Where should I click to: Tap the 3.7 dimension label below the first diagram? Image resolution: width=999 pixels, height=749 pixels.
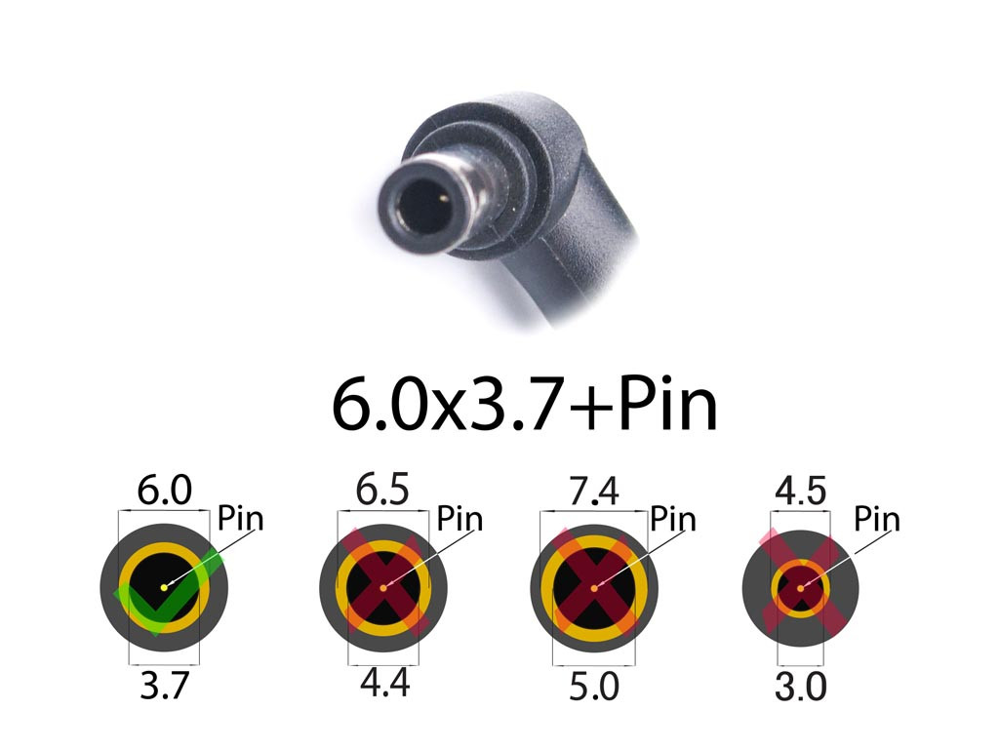[x=164, y=686]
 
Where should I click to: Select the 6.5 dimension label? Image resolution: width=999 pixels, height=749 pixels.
[x=382, y=491]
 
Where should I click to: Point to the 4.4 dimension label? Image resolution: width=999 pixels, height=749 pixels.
[x=384, y=684]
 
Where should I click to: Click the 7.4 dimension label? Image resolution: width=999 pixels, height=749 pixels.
[x=594, y=492]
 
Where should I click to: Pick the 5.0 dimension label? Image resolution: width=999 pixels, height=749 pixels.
[x=594, y=687]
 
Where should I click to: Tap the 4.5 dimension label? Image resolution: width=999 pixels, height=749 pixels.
[x=801, y=492]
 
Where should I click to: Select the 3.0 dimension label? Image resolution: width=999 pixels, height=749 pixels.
[x=801, y=687]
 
